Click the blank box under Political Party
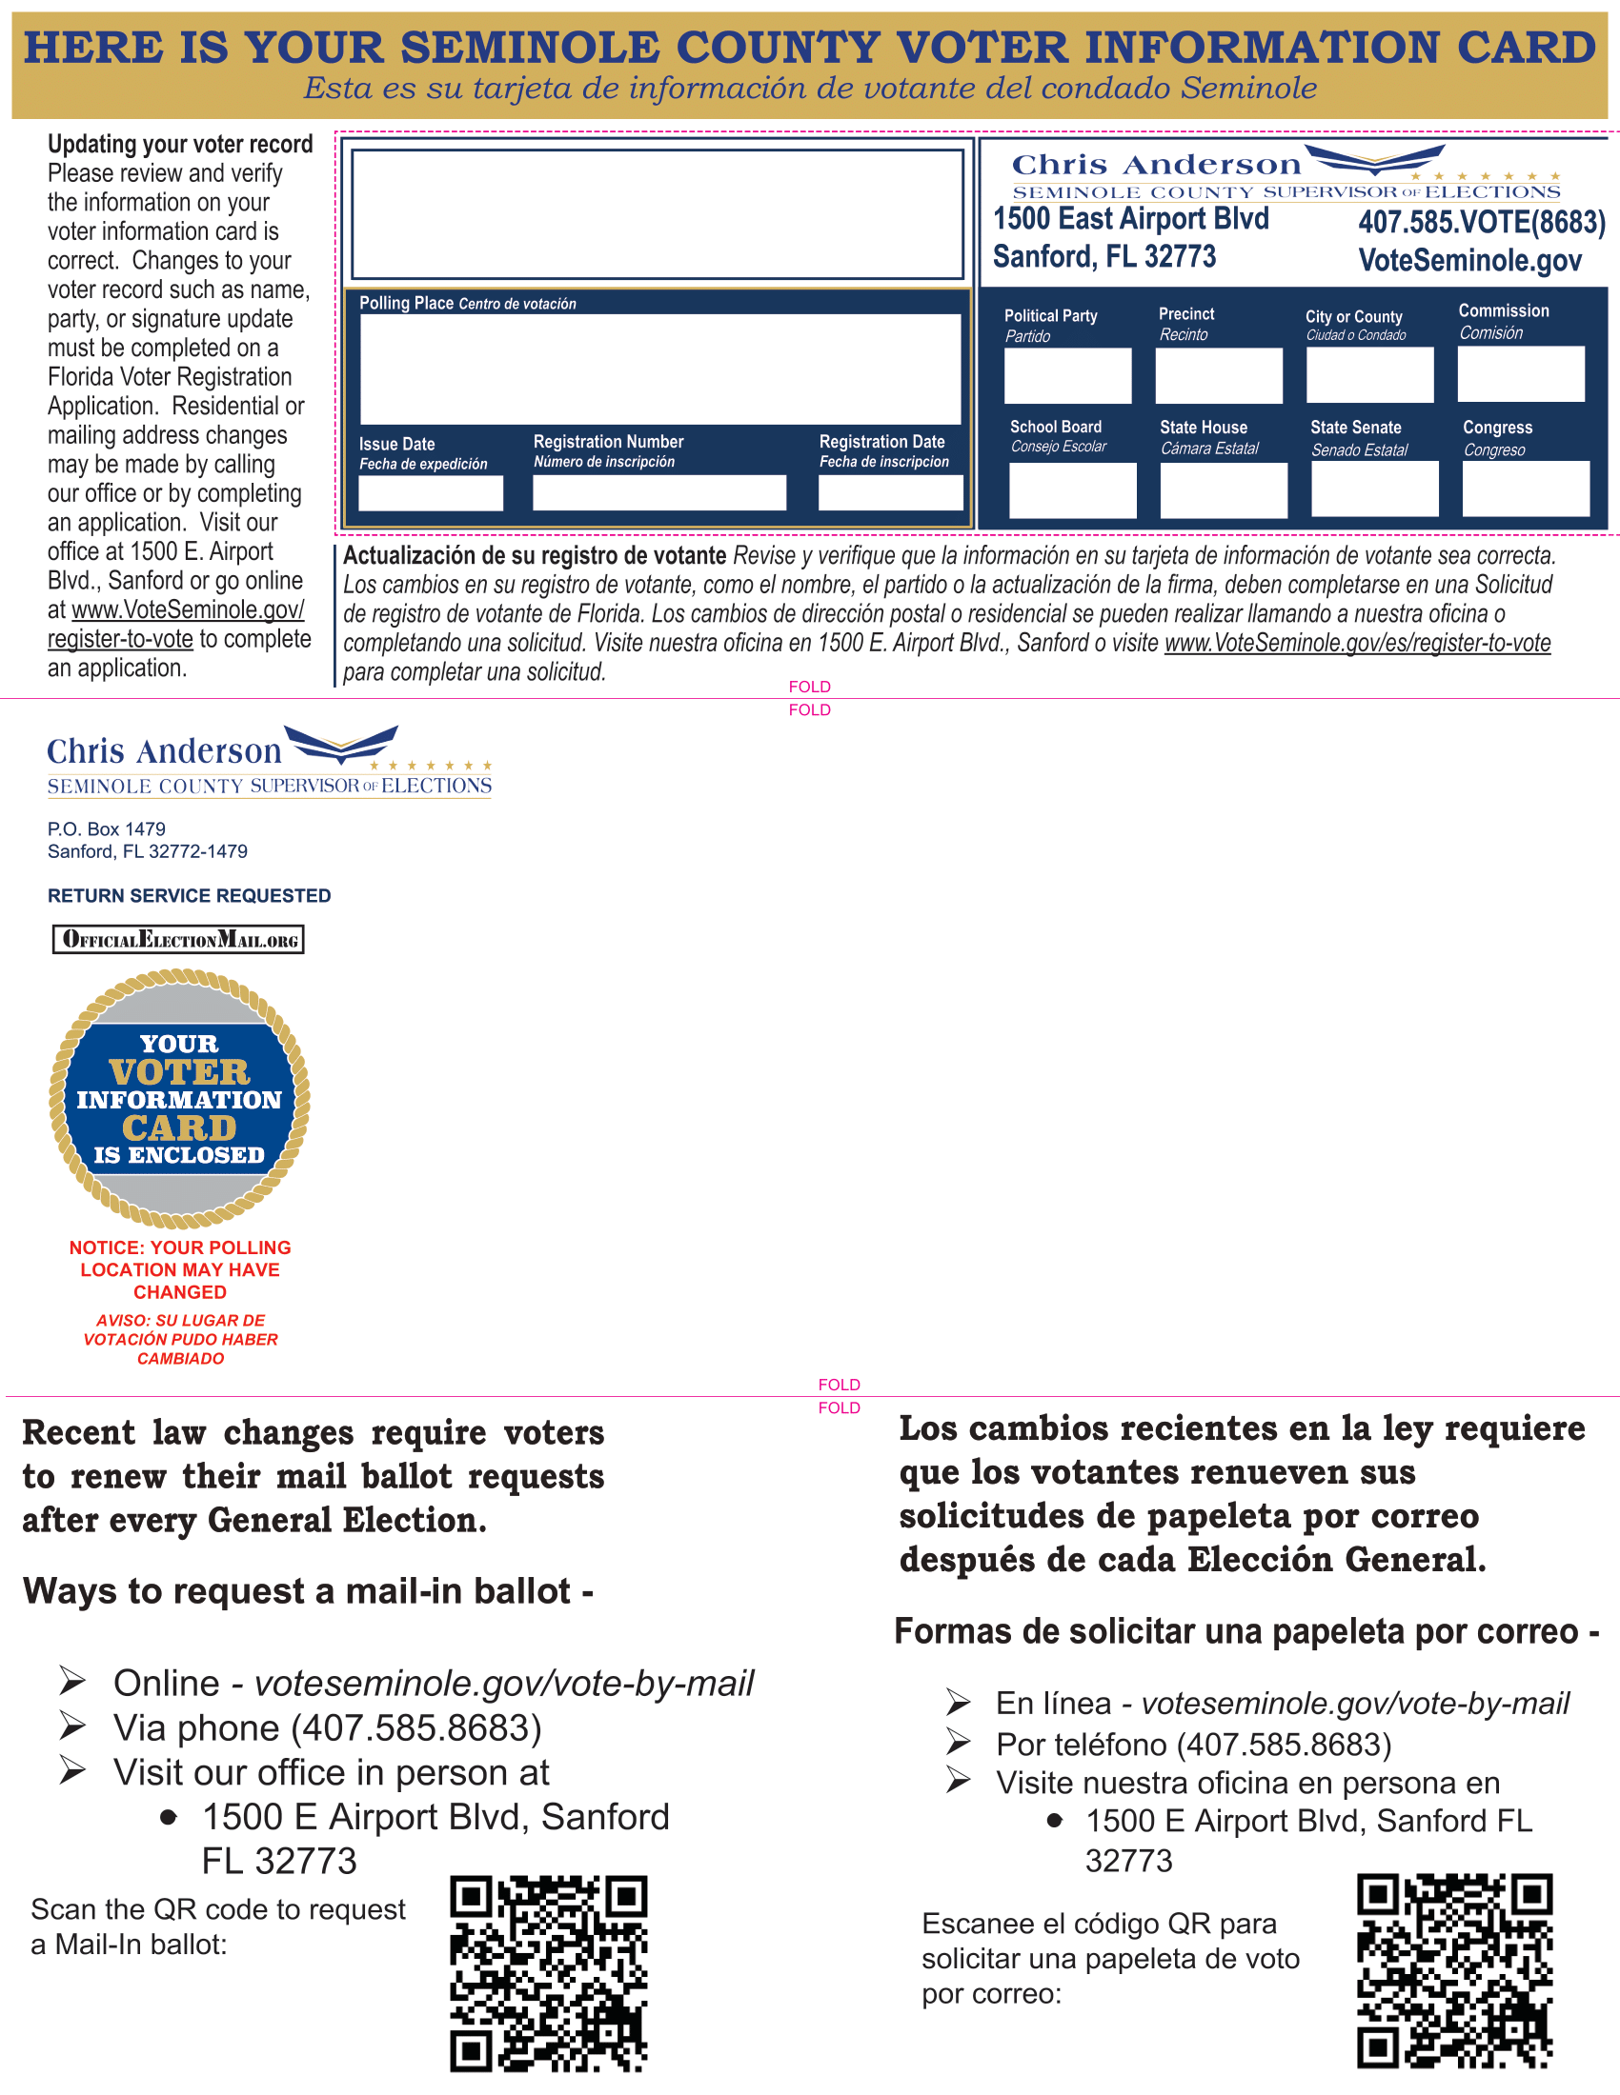pyautogui.click(x=1067, y=375)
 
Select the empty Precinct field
pyautogui.click(x=1218, y=375)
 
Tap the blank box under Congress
pyautogui.click(x=1525, y=489)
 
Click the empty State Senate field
pyautogui.click(x=1374, y=489)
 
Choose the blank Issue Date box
pyautogui.click(x=430, y=493)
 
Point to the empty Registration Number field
pyautogui.click(x=659, y=493)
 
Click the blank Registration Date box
pyautogui.click(x=890, y=493)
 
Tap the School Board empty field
pyautogui.click(x=1072, y=490)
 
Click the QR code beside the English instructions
pyautogui.click(x=548, y=1974)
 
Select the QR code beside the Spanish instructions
pyautogui.click(x=1454, y=1971)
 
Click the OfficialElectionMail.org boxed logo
pyautogui.click(x=178, y=939)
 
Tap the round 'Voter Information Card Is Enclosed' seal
pyautogui.click(x=179, y=1098)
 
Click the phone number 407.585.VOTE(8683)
pyautogui.click(x=1481, y=223)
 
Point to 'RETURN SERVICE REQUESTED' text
pyautogui.click(x=189, y=896)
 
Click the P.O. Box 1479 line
pyautogui.click(x=107, y=828)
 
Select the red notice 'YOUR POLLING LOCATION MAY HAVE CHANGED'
pyautogui.click(x=180, y=1270)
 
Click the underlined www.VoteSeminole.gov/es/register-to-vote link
pyautogui.click(x=1357, y=643)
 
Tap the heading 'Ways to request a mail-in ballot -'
pyautogui.click(x=308, y=1591)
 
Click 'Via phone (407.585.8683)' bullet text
pyautogui.click(x=327, y=1727)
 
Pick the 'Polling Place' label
pyautogui.click(x=406, y=303)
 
